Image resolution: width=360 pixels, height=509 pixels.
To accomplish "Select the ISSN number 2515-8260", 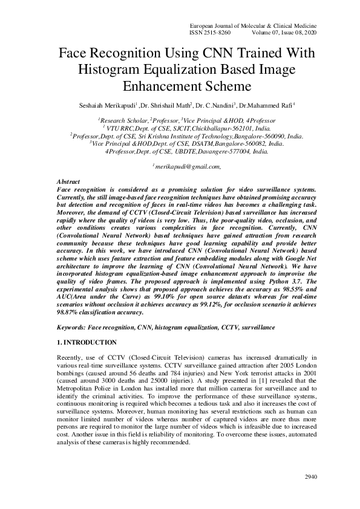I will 219,34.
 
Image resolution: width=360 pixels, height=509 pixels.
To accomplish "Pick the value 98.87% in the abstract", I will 67,313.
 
